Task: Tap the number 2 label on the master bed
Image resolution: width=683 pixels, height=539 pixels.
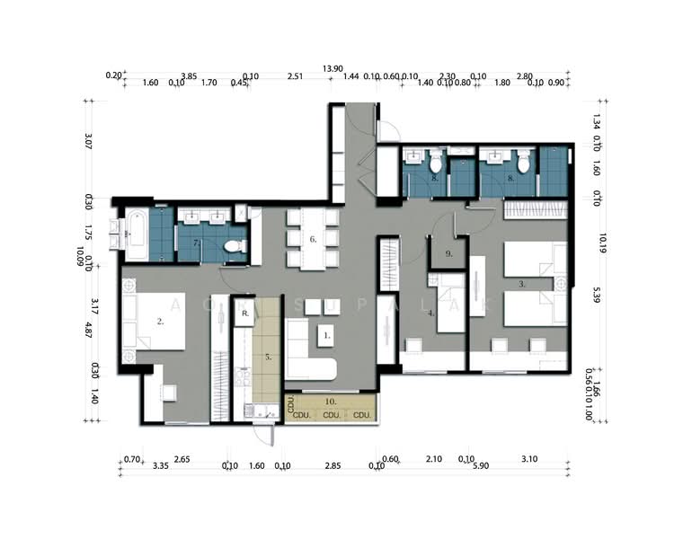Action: pyautogui.click(x=160, y=320)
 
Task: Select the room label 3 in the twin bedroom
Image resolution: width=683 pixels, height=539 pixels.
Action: pyautogui.click(x=522, y=283)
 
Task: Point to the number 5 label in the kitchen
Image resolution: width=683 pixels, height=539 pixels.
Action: pyautogui.click(x=267, y=356)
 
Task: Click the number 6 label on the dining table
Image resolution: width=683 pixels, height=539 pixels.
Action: pyautogui.click(x=312, y=239)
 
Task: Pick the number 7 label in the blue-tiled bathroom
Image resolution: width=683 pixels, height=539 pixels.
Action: pyautogui.click(x=197, y=243)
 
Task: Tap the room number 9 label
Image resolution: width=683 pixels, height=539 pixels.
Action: pyautogui.click(x=448, y=254)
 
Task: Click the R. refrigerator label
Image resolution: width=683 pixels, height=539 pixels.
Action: pyautogui.click(x=244, y=314)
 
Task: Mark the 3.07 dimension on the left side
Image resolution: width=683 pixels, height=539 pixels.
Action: pyautogui.click(x=88, y=141)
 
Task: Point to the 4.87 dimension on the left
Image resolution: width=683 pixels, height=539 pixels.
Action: pyautogui.click(x=88, y=329)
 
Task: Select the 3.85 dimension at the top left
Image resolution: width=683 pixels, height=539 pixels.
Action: pyautogui.click(x=190, y=76)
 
